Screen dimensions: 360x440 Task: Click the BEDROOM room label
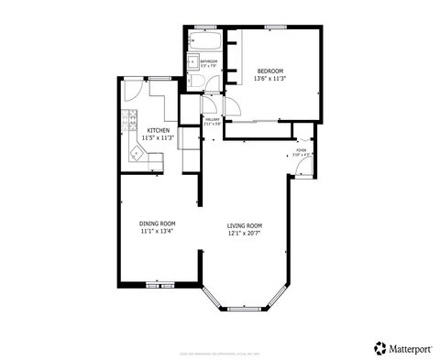pyautogui.click(x=269, y=71)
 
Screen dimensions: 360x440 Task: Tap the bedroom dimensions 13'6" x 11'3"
pyautogui.click(x=269, y=79)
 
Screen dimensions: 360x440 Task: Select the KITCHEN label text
pyautogui.click(x=159, y=131)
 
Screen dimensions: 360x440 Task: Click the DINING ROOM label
pyautogui.click(x=157, y=224)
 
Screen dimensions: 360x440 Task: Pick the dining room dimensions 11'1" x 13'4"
pyautogui.click(x=157, y=232)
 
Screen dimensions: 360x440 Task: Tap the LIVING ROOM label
pyautogui.click(x=245, y=225)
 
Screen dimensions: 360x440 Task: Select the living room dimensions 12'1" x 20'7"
pyautogui.click(x=245, y=234)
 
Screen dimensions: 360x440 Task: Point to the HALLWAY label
pyautogui.click(x=213, y=119)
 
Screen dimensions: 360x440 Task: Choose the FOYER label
pyautogui.click(x=301, y=149)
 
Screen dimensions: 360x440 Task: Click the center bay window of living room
pyautogui.click(x=245, y=306)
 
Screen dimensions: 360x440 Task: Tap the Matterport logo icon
pyautogui.click(x=379, y=347)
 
